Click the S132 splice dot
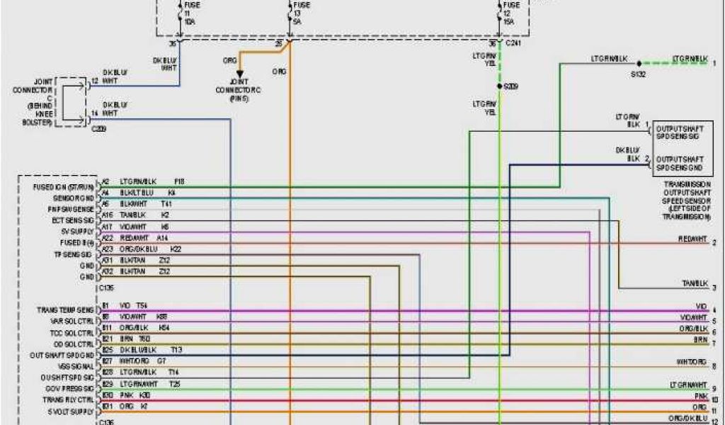click(639, 63)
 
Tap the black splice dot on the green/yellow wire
click(499, 86)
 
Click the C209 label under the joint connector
click(98, 130)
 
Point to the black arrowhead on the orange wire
click(239, 74)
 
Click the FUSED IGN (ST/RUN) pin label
click(64, 187)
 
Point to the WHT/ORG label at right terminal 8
click(691, 362)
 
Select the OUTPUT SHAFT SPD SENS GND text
click(679, 163)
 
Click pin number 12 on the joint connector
click(94, 81)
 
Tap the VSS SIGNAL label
click(73, 366)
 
